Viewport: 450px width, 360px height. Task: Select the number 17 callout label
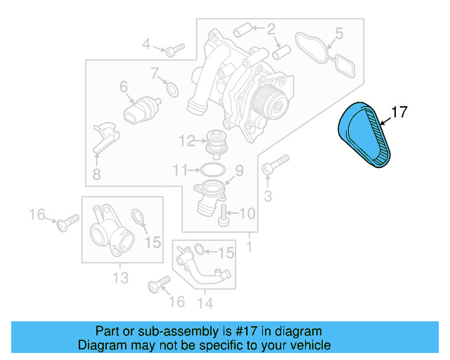[x=399, y=112]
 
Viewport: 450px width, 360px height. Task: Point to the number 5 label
[x=339, y=33]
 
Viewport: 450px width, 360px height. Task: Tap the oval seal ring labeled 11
[x=212, y=169]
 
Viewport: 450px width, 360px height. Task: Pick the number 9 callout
[x=238, y=169]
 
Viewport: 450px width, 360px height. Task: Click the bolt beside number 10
[x=224, y=215]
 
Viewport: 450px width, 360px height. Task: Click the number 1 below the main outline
[x=248, y=247]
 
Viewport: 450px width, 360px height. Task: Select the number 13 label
[x=120, y=278]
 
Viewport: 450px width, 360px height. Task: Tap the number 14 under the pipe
[x=205, y=303]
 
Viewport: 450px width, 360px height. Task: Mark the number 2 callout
[x=271, y=30]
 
